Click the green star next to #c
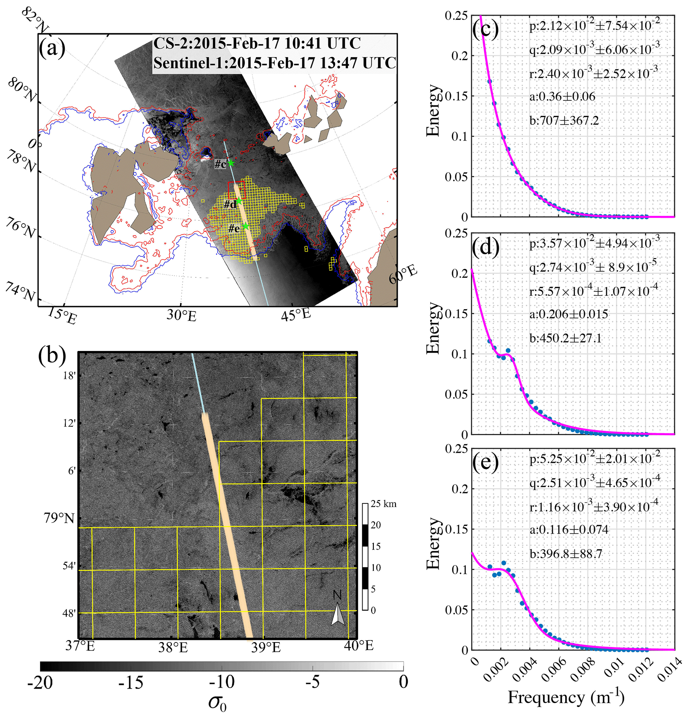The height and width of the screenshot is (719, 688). point(230,163)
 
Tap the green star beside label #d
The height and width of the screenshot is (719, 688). point(239,201)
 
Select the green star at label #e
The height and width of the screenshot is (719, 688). point(245,227)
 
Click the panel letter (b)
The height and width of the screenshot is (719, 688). point(52,355)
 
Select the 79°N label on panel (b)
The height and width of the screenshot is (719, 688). point(59,518)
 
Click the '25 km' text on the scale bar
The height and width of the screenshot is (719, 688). point(383,504)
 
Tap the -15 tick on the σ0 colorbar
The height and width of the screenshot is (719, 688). point(130,683)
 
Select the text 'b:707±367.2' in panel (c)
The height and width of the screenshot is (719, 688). point(564,120)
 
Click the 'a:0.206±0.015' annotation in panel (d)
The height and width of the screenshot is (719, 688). point(569,314)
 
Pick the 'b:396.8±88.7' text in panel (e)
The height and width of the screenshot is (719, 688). point(566,554)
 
